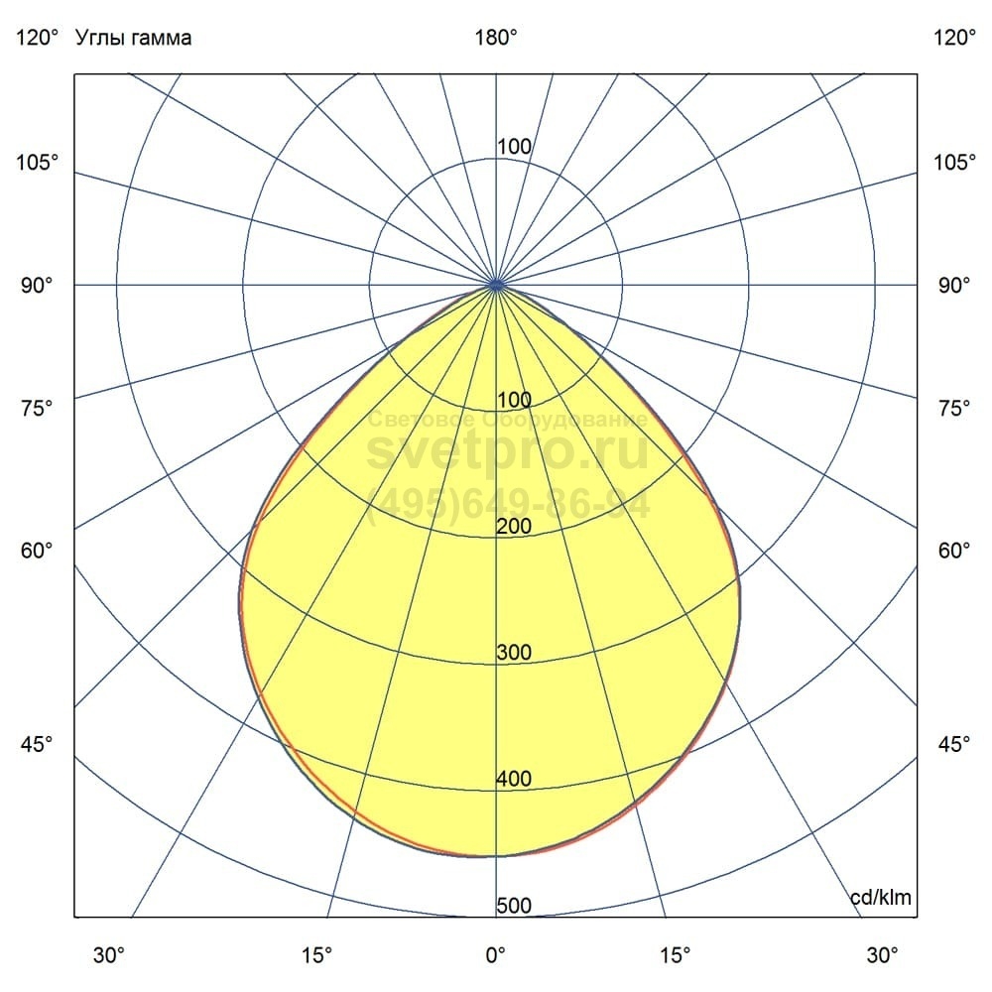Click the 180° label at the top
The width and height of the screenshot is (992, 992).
496,38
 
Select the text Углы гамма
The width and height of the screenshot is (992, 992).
134,38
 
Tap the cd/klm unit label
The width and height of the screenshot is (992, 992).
881,898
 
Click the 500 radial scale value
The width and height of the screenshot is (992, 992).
514,906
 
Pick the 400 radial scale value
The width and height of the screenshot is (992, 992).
514,780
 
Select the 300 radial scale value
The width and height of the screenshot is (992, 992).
514,653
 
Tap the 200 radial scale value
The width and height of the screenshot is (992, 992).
514,527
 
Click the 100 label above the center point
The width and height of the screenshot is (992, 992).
514,147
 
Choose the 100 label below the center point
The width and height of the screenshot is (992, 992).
514,400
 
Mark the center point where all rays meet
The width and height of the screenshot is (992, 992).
496,285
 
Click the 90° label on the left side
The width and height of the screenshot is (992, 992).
37,286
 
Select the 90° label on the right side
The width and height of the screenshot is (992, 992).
954,286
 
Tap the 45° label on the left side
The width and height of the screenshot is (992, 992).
37,745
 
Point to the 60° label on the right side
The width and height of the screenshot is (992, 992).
954,551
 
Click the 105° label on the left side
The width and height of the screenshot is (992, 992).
37,162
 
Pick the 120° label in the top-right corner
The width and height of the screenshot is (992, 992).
954,38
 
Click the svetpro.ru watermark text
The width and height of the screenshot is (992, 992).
508,452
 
